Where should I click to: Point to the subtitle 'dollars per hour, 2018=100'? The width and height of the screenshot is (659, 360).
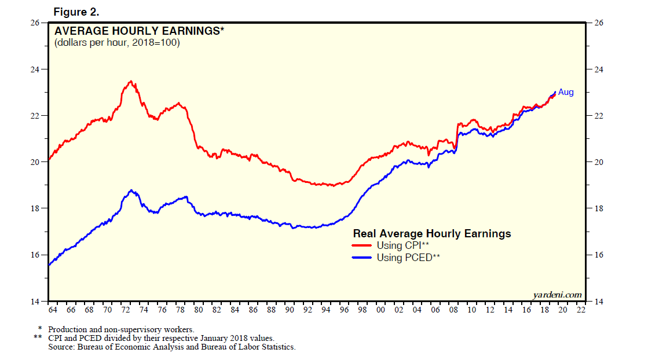(x=117, y=43)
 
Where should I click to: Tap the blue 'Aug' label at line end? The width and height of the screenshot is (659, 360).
(x=566, y=92)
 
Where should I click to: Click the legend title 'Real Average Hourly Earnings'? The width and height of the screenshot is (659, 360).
(x=432, y=233)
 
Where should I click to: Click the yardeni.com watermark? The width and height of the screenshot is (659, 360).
(x=557, y=295)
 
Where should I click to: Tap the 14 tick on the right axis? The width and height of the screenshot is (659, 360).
(x=599, y=302)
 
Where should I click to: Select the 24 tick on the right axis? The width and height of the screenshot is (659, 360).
(x=599, y=69)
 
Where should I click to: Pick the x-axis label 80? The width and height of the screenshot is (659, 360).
(x=198, y=310)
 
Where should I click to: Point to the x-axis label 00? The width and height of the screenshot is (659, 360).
(x=380, y=310)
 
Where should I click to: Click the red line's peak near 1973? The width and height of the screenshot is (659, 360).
(x=131, y=82)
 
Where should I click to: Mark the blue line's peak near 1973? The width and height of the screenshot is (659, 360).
(x=131, y=190)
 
